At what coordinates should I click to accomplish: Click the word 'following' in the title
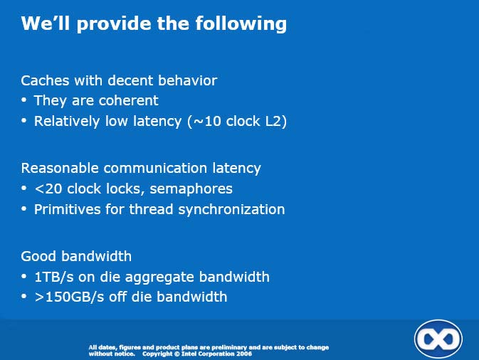click(241, 24)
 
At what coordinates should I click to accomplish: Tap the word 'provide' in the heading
click(114, 24)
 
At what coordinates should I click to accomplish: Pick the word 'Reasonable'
click(60, 168)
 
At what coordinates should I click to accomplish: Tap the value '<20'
click(48, 189)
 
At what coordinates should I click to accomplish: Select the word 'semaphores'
click(191, 189)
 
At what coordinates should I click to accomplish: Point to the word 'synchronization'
click(231, 210)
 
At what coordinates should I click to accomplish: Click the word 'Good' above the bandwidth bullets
click(38, 256)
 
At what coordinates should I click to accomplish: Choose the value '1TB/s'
click(54, 277)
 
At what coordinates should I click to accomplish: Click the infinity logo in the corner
click(438, 339)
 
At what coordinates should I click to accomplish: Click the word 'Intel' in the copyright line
click(188, 354)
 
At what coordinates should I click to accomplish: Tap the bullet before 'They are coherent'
click(24, 100)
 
